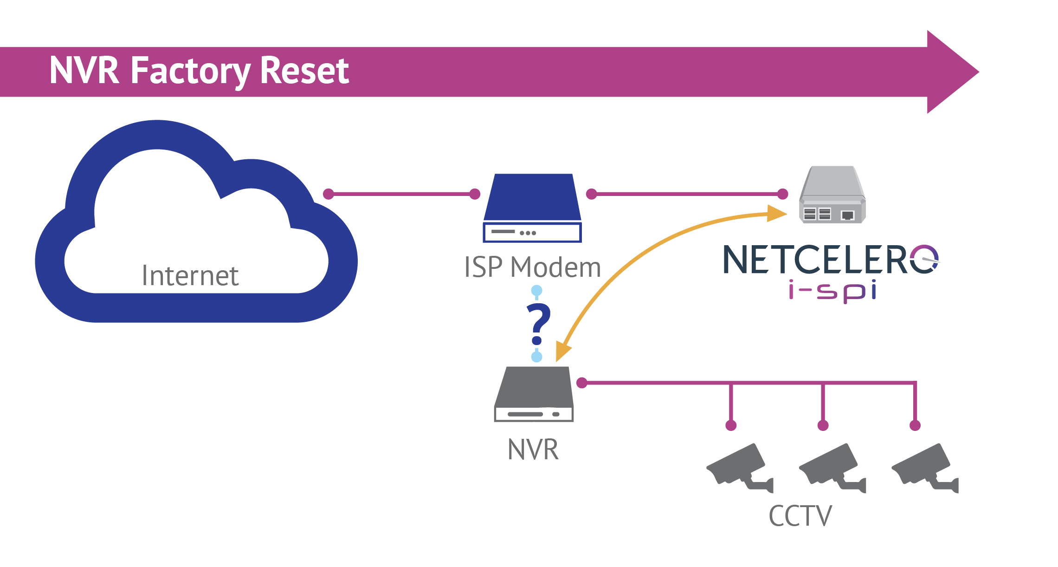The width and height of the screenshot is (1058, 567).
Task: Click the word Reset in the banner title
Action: [304, 70]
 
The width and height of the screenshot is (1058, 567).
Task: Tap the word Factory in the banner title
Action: [191, 72]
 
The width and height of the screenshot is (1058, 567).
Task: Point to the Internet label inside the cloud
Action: [190, 275]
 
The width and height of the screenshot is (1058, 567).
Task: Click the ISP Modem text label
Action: [532, 267]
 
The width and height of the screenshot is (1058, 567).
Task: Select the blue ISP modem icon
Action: [532, 208]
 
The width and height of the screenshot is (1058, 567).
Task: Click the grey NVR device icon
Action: [534, 394]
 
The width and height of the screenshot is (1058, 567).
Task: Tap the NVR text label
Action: [533, 450]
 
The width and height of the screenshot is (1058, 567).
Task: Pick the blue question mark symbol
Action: [538, 324]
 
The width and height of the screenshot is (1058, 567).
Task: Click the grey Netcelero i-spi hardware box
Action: [832, 195]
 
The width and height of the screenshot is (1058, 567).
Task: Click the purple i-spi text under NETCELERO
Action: [832, 291]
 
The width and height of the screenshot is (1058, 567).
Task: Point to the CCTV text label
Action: [800, 516]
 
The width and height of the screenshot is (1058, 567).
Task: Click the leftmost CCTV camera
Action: [740, 468]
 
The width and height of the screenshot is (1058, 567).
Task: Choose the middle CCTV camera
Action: [832, 468]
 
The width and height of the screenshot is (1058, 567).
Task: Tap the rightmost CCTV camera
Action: [925, 468]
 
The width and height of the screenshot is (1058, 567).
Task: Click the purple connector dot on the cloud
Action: [329, 194]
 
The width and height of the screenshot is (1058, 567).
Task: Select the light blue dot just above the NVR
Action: [537, 357]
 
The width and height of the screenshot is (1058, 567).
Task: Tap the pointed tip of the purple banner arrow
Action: [979, 72]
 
